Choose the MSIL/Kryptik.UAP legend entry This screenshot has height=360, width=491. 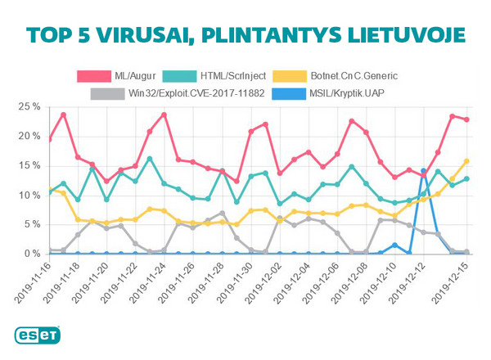click(x=347, y=93)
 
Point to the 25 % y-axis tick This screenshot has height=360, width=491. click(x=29, y=106)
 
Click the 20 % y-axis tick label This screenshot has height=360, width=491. click(x=29, y=136)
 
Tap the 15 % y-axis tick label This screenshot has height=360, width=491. click(x=29, y=165)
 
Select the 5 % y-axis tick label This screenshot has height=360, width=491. click(x=32, y=224)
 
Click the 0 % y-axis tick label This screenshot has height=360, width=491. click(x=32, y=254)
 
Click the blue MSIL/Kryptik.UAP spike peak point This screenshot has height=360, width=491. click(x=423, y=171)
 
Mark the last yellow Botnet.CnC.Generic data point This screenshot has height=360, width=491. click(x=467, y=161)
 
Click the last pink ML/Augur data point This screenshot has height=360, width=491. click(x=467, y=119)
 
